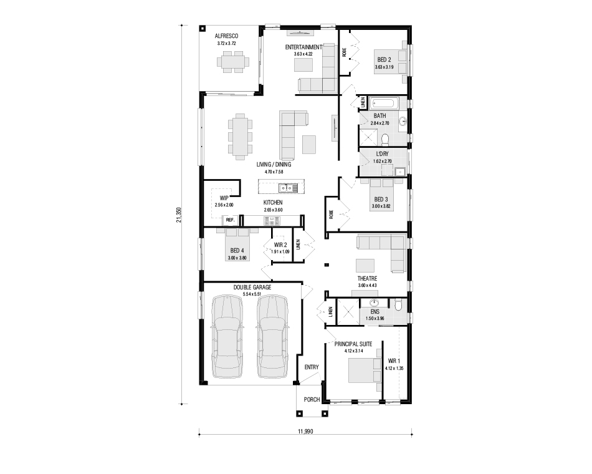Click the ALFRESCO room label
pyautogui.click(x=226, y=36)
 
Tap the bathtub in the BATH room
pyautogui.click(x=384, y=103)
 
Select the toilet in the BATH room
pyautogui.click(x=385, y=140)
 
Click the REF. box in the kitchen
pyautogui.click(x=230, y=220)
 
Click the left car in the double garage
pyautogui.click(x=227, y=336)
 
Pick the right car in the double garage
pyautogui.click(x=272, y=336)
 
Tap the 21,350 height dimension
pyautogui.click(x=179, y=215)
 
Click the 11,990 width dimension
pyautogui.click(x=305, y=432)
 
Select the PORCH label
pyautogui.click(x=312, y=400)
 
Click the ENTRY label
pyautogui.click(x=312, y=367)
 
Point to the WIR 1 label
pyautogui.click(x=394, y=361)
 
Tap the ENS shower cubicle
pyautogui.click(x=348, y=312)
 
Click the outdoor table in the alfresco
pyautogui.click(x=233, y=61)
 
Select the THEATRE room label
pyautogui.click(x=368, y=279)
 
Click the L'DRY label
pyautogui.click(x=383, y=154)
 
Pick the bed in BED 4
pyautogui.click(x=237, y=244)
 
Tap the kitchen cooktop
pyautogui.click(x=272, y=220)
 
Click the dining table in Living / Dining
pyautogui.click(x=240, y=137)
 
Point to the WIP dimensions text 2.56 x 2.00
pyautogui.click(x=224, y=205)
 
